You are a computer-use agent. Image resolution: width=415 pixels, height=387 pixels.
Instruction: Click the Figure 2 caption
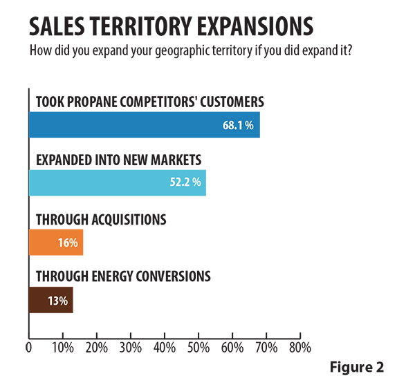coord(356,366)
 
